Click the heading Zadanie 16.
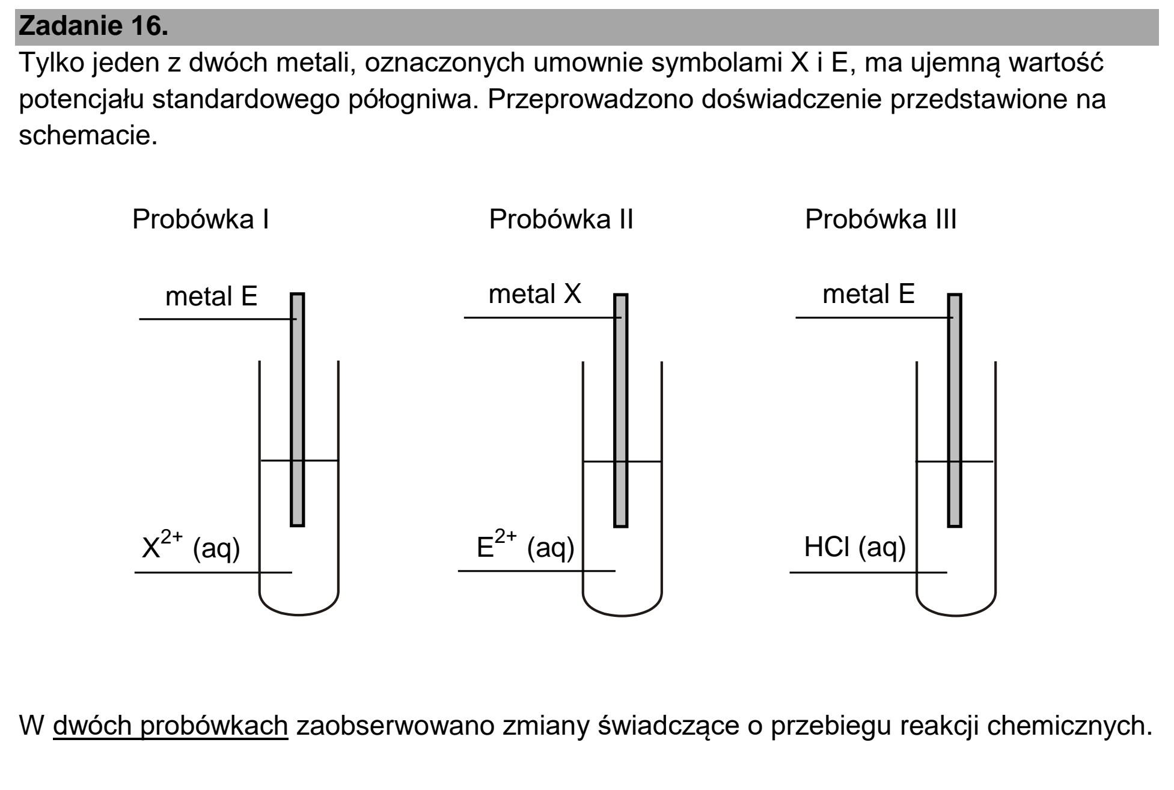(94, 26)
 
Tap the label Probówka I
(201, 220)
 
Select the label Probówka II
(561, 220)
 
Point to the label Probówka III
(881, 220)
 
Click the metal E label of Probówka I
(212, 296)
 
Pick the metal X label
(535, 295)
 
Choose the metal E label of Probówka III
(869, 295)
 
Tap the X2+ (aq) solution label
(191, 545)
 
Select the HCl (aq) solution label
(855, 548)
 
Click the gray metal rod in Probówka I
(298, 409)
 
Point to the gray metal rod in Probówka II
(621, 411)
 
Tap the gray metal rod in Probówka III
(955, 411)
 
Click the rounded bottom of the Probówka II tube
(622, 614)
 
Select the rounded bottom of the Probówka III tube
(956, 614)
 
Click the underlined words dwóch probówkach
(171, 726)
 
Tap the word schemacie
(88, 136)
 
